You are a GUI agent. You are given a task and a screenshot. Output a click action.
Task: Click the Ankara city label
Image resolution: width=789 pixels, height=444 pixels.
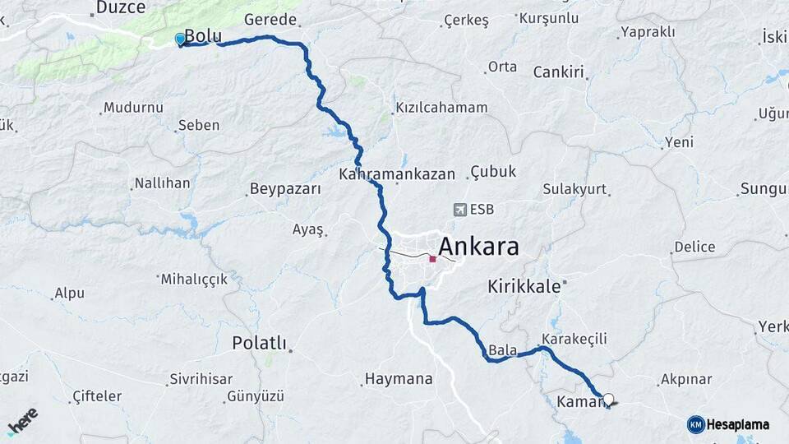click(478, 247)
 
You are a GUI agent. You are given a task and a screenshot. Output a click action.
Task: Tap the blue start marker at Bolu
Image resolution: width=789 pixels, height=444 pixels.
click(181, 39)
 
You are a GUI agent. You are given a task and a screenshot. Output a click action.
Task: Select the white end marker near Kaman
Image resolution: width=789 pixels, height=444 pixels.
click(608, 400)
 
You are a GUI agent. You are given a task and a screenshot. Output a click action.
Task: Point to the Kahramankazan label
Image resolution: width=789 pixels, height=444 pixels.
click(397, 174)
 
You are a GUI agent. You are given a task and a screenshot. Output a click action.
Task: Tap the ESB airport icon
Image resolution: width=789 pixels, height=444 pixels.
click(459, 210)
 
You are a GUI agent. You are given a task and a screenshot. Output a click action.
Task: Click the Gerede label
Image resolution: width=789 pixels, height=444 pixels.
click(271, 20)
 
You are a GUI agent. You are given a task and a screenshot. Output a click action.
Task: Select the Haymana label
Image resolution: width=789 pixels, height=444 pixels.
click(398, 379)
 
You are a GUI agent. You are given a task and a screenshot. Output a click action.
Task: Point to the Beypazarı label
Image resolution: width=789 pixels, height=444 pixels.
click(284, 189)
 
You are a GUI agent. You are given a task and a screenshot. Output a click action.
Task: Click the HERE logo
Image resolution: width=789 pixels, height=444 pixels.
click(22, 422)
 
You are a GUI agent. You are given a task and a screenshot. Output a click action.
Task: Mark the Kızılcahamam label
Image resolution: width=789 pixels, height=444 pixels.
click(442, 108)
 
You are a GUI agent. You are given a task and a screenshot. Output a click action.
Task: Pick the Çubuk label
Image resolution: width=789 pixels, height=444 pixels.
click(493, 171)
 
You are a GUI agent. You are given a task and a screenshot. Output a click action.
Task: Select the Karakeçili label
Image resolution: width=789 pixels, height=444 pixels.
click(574, 339)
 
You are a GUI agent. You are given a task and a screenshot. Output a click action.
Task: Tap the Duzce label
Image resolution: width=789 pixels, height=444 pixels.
click(120, 7)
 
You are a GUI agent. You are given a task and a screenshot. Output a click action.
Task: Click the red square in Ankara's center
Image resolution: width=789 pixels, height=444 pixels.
click(432, 259)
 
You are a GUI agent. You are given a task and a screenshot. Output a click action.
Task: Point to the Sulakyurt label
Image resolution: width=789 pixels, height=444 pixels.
click(574, 189)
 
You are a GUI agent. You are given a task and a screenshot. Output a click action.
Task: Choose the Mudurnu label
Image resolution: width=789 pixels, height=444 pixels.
click(133, 108)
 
